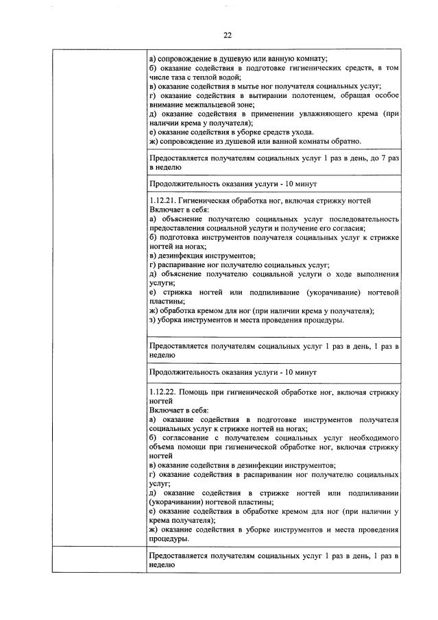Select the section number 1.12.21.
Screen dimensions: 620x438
[x=162, y=201]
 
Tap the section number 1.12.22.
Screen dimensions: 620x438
[x=162, y=391]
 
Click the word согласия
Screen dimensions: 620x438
[x=350, y=228]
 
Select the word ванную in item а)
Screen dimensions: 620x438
[x=272, y=58]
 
